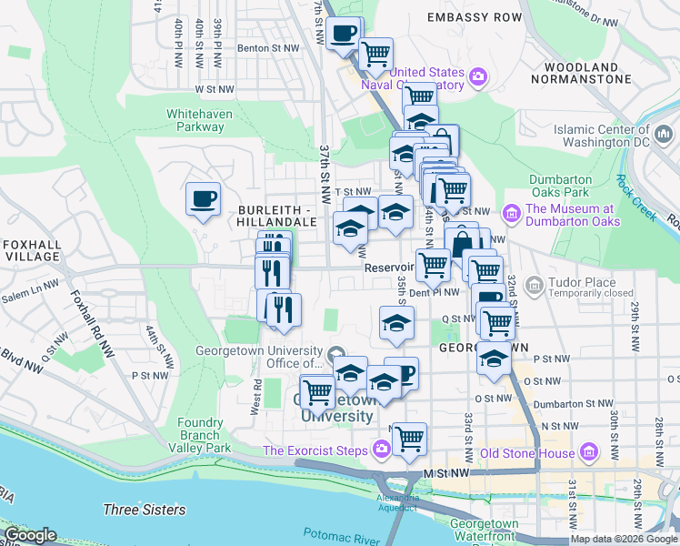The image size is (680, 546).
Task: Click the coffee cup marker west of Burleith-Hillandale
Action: [203, 197]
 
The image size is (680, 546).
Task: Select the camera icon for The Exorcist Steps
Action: [381, 450]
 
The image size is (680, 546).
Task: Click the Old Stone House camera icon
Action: [590, 451]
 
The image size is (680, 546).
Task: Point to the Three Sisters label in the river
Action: [145, 511]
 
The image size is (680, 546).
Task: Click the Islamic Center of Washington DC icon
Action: [664, 135]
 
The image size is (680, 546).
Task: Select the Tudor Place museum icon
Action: [534, 287]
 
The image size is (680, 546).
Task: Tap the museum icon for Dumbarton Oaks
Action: [512, 214]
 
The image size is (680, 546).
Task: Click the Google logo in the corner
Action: [30, 535]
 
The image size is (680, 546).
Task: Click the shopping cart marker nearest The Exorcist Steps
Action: [409, 438]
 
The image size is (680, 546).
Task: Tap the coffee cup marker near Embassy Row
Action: [344, 34]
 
